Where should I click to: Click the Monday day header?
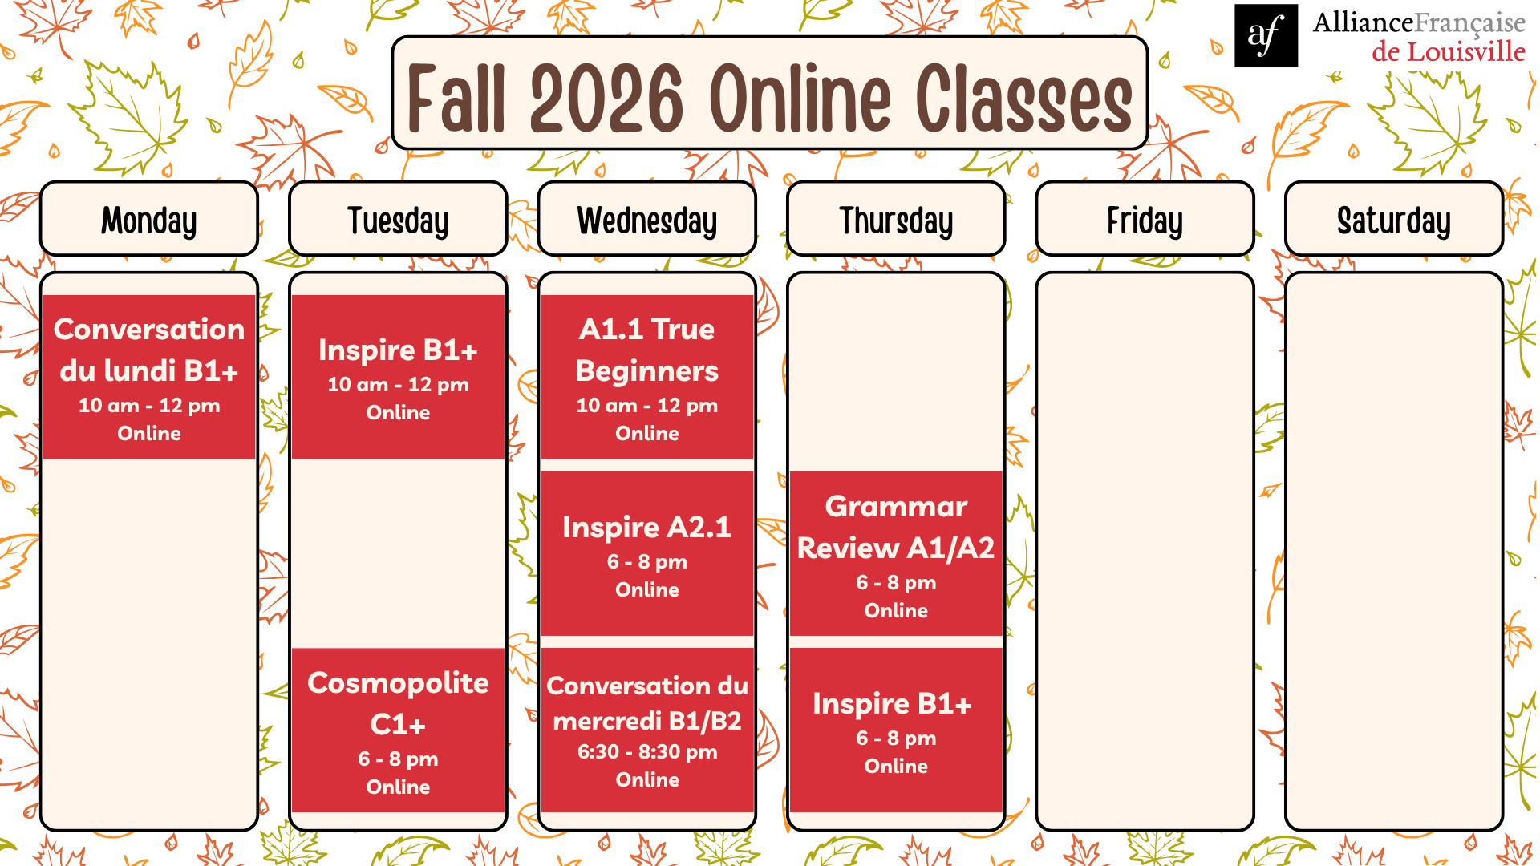tap(149, 219)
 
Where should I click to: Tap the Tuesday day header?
tap(398, 219)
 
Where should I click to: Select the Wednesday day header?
tap(647, 219)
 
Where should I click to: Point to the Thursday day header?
tap(896, 219)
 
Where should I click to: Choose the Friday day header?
tap(1145, 219)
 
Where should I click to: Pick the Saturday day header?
tap(1394, 219)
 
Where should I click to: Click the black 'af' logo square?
tap(1266, 35)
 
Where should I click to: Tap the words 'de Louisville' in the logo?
tap(1449, 52)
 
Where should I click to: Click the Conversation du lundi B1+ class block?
tap(149, 377)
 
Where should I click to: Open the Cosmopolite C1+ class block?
tap(398, 730)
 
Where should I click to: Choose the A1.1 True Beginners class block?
tap(647, 377)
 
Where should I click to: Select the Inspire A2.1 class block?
tap(647, 553)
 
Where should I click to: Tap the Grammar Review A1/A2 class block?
tap(896, 553)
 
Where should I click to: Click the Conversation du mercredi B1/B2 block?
tap(647, 730)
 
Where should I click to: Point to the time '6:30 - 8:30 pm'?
tap(647, 752)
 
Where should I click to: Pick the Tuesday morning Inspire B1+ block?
tap(398, 377)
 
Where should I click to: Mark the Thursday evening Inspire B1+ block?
tap(896, 730)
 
